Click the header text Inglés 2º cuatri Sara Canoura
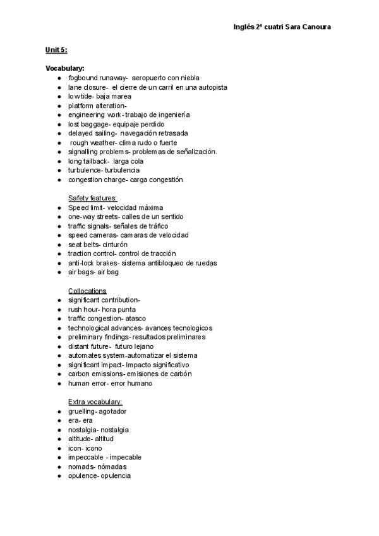282,27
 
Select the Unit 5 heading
56,50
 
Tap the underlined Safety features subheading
92,198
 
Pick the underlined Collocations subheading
87,291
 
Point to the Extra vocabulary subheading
95,402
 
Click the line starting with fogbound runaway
133,78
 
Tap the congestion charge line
125,180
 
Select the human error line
110,383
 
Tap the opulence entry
99,475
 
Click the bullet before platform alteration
58,106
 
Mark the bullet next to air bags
58,272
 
